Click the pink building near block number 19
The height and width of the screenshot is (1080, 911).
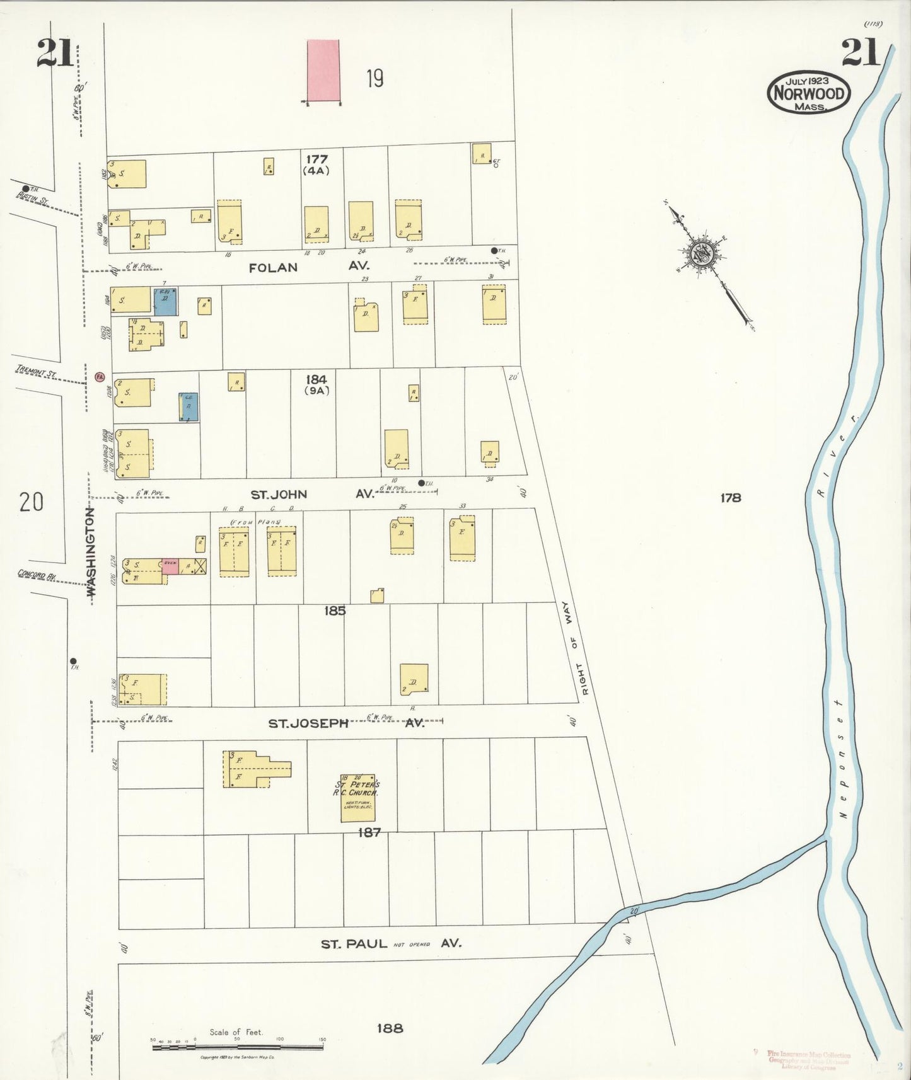click(x=323, y=71)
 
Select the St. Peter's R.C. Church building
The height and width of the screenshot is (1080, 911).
click(x=357, y=798)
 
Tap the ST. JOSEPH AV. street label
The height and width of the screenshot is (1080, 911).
click(x=346, y=723)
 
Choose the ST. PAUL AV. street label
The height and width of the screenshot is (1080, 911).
click(x=391, y=943)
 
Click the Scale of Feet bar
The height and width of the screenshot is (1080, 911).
click(x=238, y=1047)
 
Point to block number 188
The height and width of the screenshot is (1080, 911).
click(x=390, y=1028)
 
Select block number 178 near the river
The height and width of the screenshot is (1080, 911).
click(x=730, y=498)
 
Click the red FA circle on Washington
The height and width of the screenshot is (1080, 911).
click(x=99, y=376)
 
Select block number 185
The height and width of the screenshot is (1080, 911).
click(x=334, y=610)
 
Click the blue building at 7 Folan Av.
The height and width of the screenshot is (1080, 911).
click(x=166, y=301)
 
